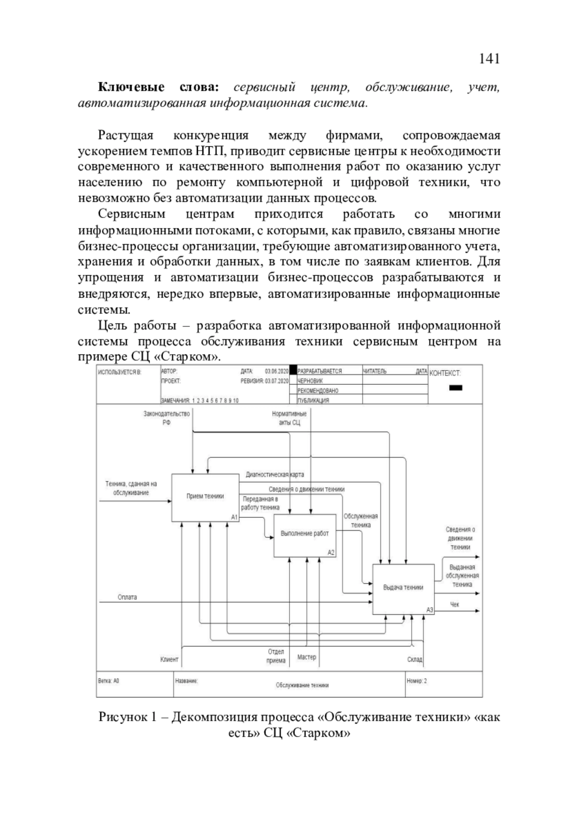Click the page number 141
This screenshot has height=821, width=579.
pos(489,59)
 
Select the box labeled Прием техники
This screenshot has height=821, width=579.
pos(206,497)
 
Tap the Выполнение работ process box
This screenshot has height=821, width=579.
pos(305,534)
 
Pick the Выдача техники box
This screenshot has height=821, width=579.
pos(403,588)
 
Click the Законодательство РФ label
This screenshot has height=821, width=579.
pos(166,418)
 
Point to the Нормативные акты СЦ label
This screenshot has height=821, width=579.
pos(289,418)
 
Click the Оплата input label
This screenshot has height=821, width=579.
pos(127,597)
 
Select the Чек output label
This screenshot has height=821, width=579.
pos(455,605)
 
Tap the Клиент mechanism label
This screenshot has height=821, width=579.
pos(169,659)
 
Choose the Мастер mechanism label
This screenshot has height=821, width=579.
pos(306,657)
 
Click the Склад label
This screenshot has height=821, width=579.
pos(414,659)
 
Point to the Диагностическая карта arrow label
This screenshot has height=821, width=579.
pos(275,475)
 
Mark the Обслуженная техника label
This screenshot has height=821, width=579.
pos(360,521)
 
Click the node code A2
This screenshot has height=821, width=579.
pos(331,553)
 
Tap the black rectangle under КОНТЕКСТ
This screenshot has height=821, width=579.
pos(455,388)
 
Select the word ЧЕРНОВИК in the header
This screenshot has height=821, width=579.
pos(310,381)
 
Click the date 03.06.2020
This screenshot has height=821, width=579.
pos(276,371)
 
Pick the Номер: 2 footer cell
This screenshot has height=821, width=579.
pos(417,681)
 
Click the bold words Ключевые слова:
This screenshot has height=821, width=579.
pos(159,87)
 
